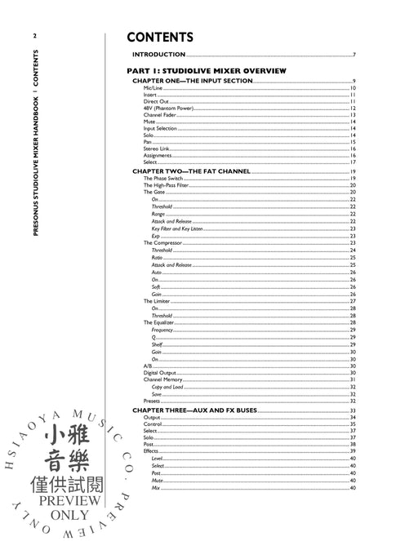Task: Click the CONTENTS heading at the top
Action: tap(160, 38)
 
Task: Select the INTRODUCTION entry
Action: tap(159, 55)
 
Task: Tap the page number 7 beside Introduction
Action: tap(354, 55)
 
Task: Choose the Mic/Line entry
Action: tap(152, 87)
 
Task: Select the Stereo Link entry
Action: tap(155, 149)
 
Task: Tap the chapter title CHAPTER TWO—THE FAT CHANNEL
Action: tap(190, 171)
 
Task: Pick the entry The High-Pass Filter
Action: tap(164, 185)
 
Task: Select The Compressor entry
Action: tap(162, 242)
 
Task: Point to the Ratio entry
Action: tap(157, 257)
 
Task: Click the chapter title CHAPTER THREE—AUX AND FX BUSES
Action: tap(194, 410)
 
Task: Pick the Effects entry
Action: tap(151, 451)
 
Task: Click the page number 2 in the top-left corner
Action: tap(34, 35)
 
